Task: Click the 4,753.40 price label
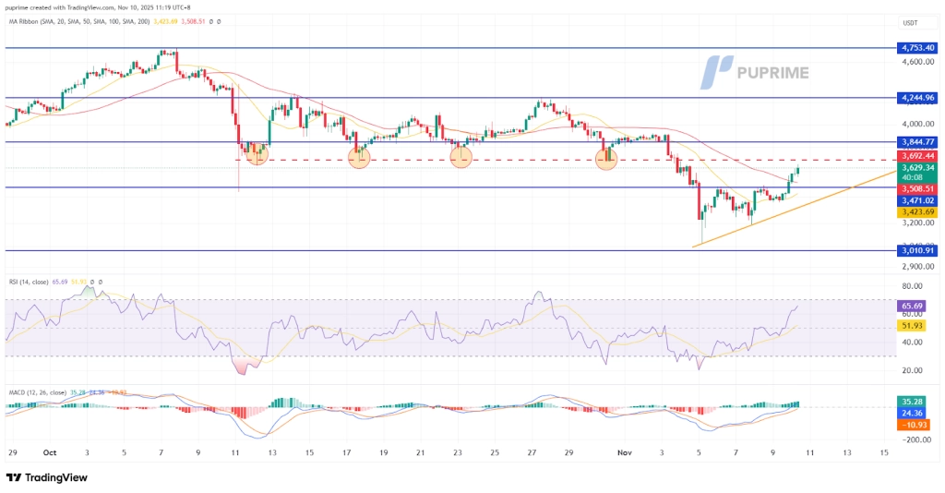[x=918, y=47]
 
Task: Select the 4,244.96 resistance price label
[x=918, y=97]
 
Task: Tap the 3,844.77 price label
[x=918, y=141]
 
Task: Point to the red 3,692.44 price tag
[x=918, y=156]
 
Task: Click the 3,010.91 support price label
[x=918, y=250]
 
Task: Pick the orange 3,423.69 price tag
[x=918, y=212]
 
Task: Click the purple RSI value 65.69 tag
[x=913, y=306]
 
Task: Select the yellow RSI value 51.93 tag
[x=913, y=326]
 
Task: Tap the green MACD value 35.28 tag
[x=913, y=402]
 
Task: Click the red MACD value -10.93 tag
[x=913, y=426]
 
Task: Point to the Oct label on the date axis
[x=50, y=452]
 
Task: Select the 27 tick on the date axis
[x=532, y=452]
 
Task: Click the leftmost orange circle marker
[x=257, y=156]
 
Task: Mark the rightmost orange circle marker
[x=606, y=158]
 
